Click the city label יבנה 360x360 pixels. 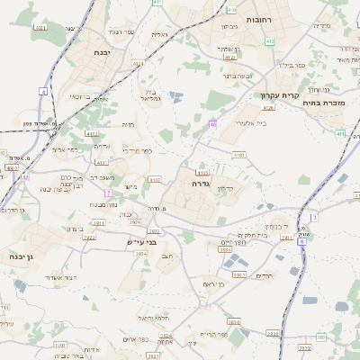(103, 53)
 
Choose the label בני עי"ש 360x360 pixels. (142, 241)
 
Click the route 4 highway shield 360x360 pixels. (42, 91)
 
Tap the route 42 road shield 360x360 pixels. (25, 177)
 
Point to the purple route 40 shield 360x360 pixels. (212, 123)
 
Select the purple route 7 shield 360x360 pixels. (107, 193)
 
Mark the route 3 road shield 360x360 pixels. (314, 217)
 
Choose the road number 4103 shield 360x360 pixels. (202, 172)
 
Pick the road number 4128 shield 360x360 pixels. (268, 107)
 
